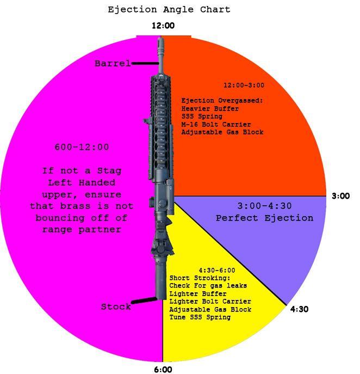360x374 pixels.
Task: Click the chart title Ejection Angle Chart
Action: click(x=169, y=10)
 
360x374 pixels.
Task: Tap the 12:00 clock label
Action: click(x=163, y=26)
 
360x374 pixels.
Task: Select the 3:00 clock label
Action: click(x=341, y=196)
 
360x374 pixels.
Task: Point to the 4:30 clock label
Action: click(x=299, y=309)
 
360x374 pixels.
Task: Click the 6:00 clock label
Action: click(x=163, y=370)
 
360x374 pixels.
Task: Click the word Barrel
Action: click(x=113, y=64)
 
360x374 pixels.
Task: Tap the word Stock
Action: click(x=116, y=307)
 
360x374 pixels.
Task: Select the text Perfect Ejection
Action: click(x=264, y=218)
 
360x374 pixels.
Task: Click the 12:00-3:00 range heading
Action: click(x=244, y=85)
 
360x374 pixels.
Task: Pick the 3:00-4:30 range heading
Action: click(x=264, y=206)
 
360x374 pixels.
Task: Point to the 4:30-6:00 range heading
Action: click(x=216, y=271)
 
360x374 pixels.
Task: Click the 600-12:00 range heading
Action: click(x=82, y=147)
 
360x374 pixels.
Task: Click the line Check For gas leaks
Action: click(x=208, y=286)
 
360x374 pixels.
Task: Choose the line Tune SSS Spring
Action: click(x=200, y=317)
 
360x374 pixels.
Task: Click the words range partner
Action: click(x=82, y=230)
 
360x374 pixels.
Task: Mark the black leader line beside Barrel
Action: click(x=145, y=64)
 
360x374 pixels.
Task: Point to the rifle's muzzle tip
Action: click(x=159, y=40)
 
